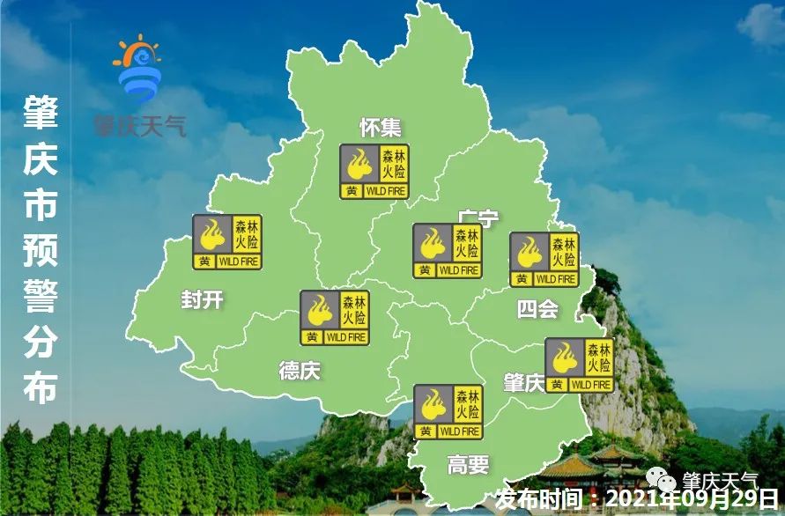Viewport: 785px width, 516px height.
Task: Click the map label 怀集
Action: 381,128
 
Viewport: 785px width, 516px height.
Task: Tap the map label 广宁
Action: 478,217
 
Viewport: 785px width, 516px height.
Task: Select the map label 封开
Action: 202,299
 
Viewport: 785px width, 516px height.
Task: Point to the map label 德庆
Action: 300,371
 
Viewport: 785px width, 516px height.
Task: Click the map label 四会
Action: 537,308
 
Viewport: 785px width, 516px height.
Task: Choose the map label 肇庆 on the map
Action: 523,383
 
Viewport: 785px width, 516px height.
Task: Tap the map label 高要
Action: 467,464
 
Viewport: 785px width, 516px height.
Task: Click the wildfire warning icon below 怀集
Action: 374,172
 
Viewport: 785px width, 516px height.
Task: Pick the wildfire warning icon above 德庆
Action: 335,318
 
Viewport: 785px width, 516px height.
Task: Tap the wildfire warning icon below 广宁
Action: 448,251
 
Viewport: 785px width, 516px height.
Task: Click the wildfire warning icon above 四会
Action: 544,260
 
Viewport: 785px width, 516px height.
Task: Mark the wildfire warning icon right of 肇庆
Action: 580,365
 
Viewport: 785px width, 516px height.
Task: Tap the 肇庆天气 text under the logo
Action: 141,126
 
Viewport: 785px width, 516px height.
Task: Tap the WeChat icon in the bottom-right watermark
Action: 662,477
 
